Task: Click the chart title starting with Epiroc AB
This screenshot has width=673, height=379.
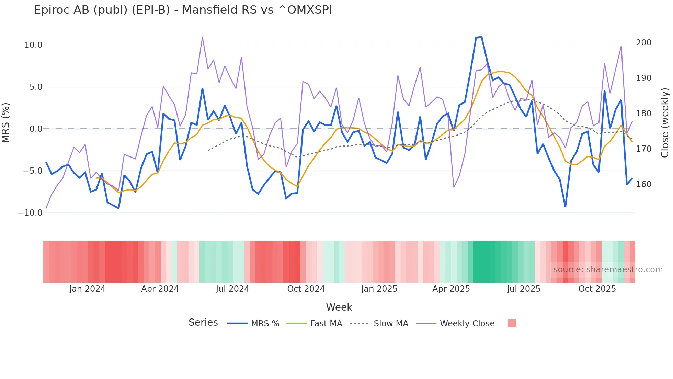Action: pos(183,10)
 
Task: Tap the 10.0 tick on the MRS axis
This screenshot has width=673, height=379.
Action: pos(33,45)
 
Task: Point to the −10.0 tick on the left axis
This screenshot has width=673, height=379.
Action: pos(30,213)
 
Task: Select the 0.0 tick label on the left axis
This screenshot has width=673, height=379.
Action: pos(36,129)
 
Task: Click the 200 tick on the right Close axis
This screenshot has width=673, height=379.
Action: pos(643,43)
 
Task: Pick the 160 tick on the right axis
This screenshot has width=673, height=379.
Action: pos(643,184)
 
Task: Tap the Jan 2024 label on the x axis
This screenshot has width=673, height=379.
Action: pos(87,289)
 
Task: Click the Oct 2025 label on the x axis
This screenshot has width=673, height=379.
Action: pos(597,289)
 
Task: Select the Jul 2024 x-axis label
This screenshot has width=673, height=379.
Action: pos(232,289)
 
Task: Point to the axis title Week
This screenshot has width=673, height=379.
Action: pos(339,307)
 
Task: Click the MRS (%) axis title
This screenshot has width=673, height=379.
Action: pos(5,123)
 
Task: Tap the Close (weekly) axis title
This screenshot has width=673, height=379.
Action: pos(665,123)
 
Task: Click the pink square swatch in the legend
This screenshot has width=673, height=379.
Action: pos(512,323)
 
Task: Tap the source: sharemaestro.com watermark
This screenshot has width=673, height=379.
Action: pos(608,270)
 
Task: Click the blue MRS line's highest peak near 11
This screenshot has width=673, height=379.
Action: pos(481,37)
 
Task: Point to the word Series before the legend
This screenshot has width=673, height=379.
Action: pos(203,323)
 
